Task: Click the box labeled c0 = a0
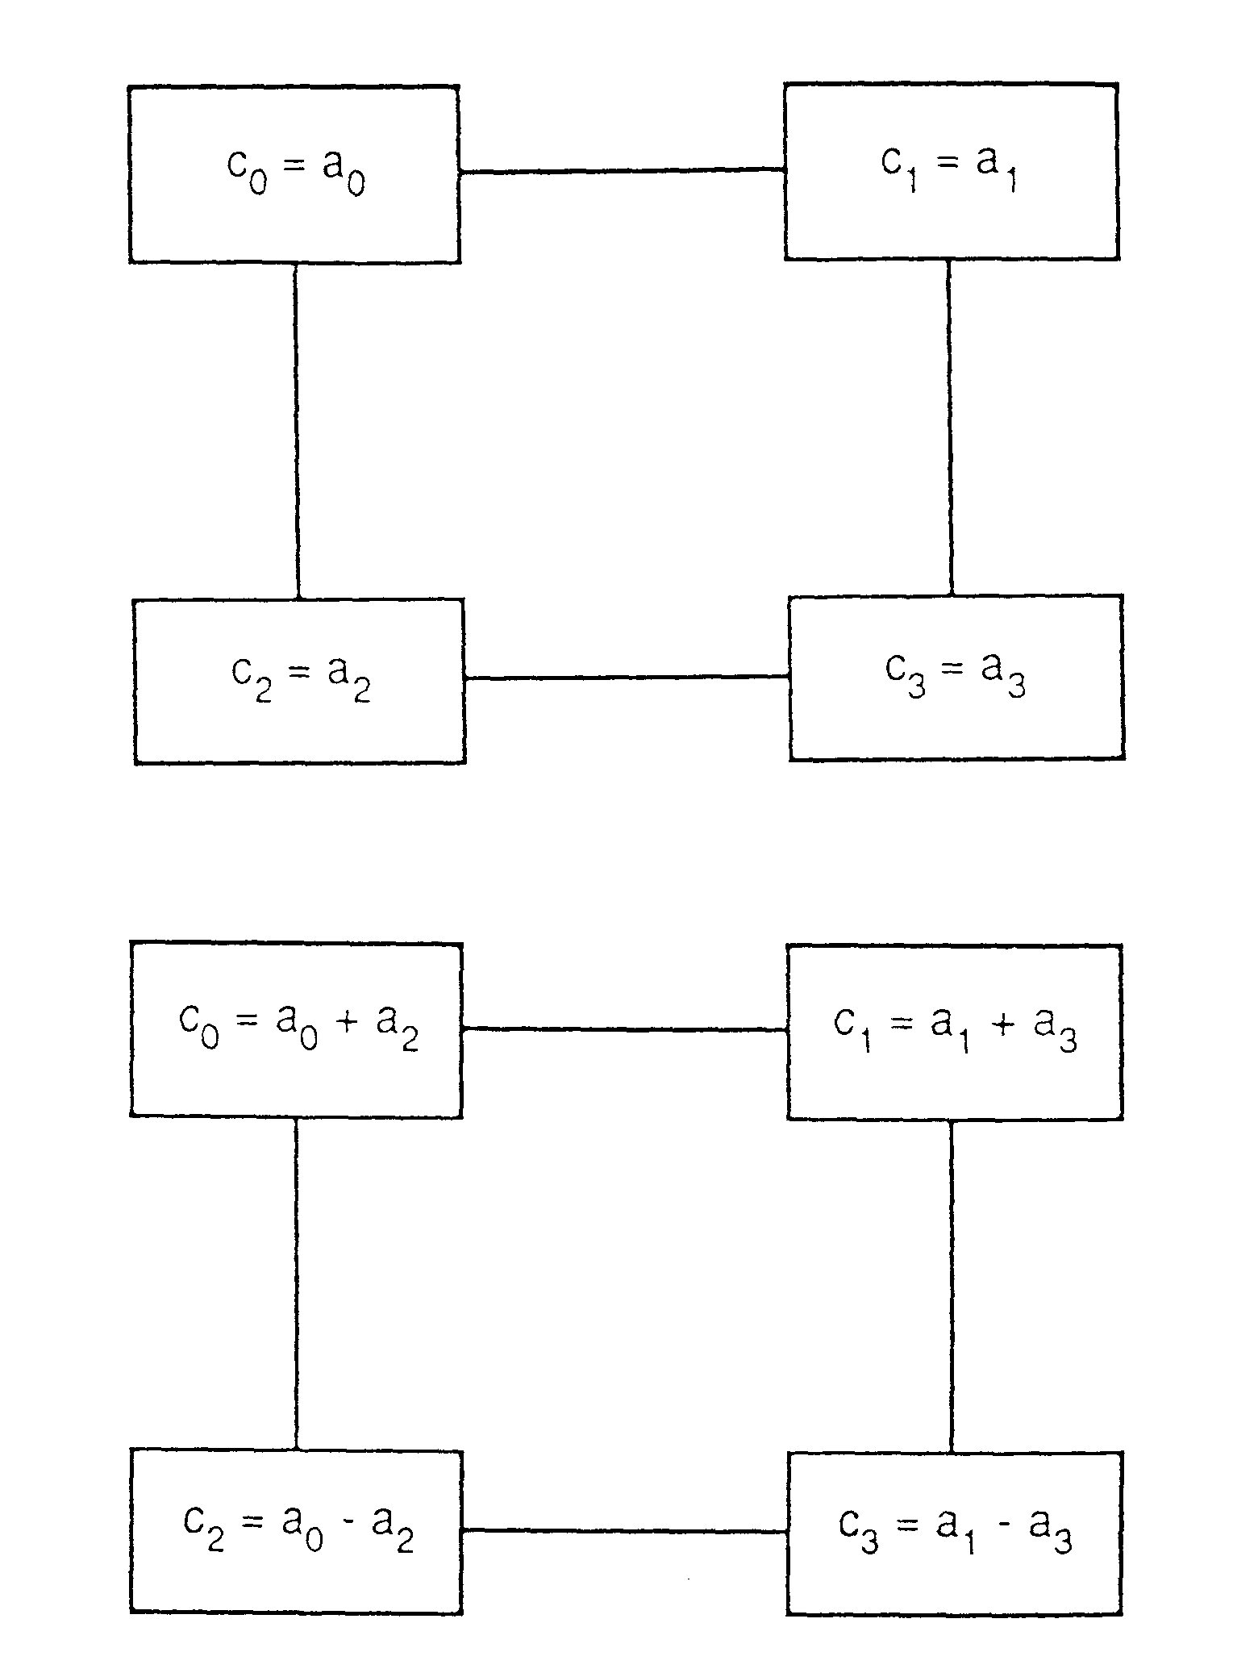(x=294, y=174)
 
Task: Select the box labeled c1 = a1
(x=951, y=171)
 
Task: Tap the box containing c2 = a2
(x=299, y=682)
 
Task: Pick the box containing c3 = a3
(x=956, y=678)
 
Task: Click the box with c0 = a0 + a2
(x=296, y=1031)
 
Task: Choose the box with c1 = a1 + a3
(x=954, y=1033)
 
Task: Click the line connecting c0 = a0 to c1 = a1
(x=622, y=171)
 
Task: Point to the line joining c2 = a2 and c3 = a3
(x=627, y=678)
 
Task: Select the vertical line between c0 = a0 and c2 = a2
(x=296, y=431)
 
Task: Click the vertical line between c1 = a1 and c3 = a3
(x=949, y=428)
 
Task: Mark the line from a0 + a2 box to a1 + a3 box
(x=624, y=1029)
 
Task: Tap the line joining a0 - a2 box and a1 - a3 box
(x=623, y=1530)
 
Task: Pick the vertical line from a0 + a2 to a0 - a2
(x=296, y=1284)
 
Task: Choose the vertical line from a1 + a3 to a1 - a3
(x=951, y=1286)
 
